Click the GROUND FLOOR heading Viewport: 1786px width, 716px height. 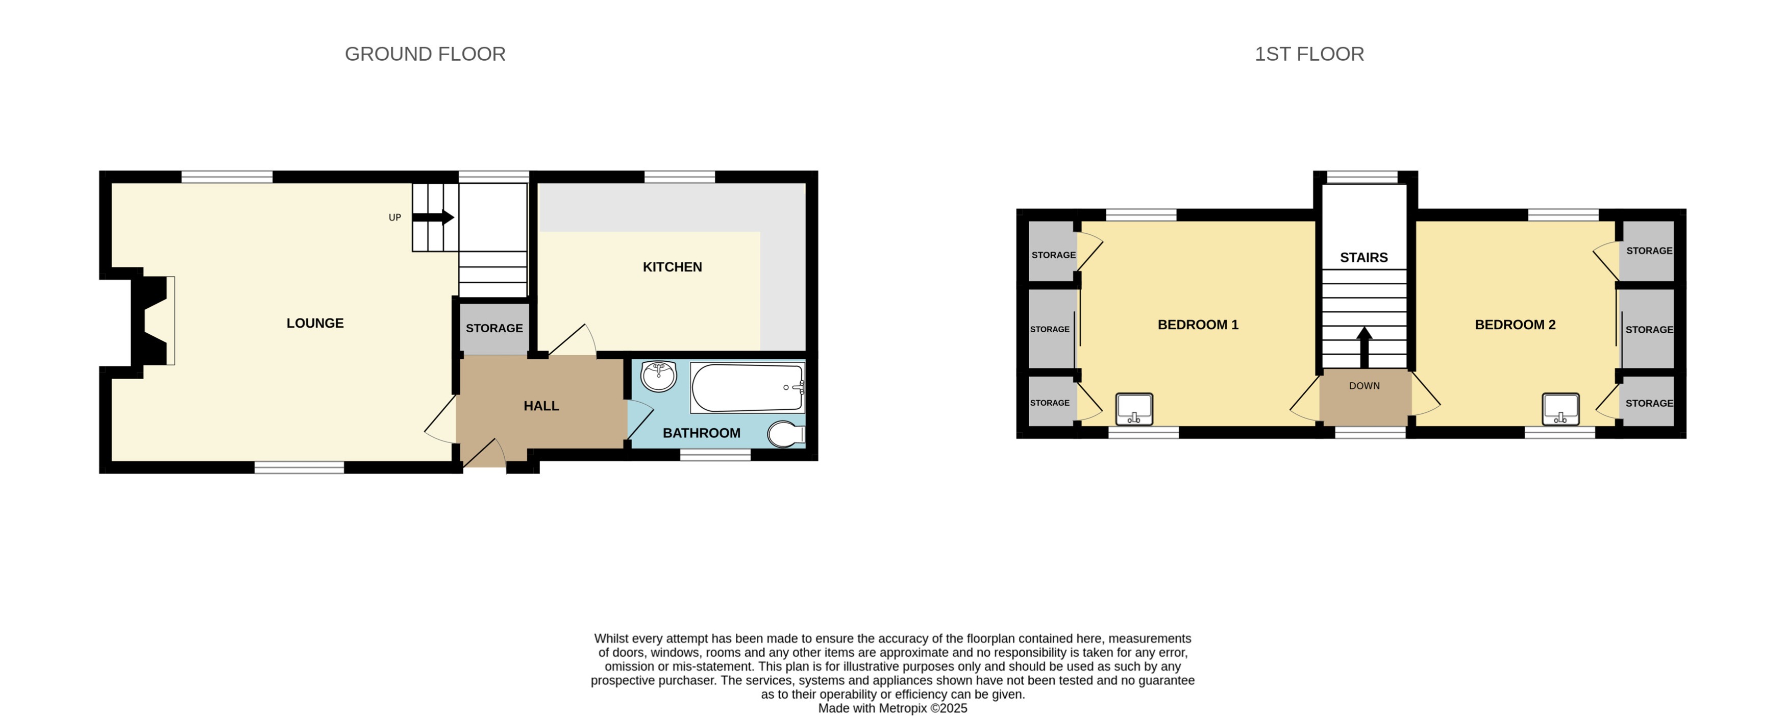pos(425,54)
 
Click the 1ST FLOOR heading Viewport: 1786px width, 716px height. pos(1309,54)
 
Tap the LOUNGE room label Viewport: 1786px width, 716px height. pos(315,323)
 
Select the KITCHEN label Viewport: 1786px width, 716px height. pos(672,267)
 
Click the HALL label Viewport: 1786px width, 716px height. pos(541,406)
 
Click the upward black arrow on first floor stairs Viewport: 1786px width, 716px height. pos(1364,347)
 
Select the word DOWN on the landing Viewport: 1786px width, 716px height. pos(1364,386)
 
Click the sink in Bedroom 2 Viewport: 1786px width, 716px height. pos(1560,409)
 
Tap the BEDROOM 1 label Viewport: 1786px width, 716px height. pos(1197,325)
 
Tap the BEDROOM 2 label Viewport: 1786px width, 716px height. pos(1515,325)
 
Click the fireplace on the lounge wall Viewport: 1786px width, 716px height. pos(153,320)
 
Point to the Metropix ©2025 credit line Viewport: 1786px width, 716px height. pos(892,708)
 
